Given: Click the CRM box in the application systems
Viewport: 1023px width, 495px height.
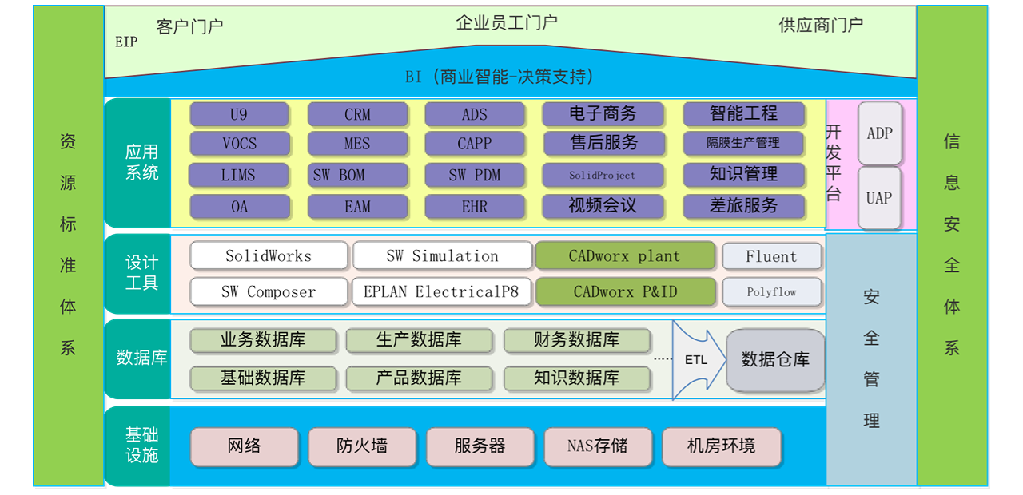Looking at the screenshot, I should click(357, 114).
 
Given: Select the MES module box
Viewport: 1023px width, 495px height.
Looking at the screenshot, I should click(357, 145).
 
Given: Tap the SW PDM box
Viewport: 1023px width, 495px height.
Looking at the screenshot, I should click(475, 175).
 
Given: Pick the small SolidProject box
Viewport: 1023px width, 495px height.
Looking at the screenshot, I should click(603, 175).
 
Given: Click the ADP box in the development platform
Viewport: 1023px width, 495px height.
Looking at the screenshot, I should click(879, 133).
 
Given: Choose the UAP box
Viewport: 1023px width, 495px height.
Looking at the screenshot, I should click(879, 197).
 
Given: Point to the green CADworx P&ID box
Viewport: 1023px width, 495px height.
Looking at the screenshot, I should click(625, 292).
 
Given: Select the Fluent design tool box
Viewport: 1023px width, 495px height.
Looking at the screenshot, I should click(771, 256).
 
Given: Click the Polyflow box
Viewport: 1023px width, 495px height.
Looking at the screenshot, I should click(771, 292).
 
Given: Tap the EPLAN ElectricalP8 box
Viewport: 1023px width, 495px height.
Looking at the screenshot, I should click(441, 292).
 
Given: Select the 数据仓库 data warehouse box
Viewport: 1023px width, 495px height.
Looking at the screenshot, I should click(774, 360).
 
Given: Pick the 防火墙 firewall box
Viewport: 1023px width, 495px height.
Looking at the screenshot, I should click(362, 446).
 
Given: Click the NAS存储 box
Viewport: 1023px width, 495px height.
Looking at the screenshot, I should click(597, 446).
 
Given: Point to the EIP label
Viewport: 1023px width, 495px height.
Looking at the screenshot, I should click(126, 42).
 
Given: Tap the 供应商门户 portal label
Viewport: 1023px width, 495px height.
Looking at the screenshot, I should click(821, 26).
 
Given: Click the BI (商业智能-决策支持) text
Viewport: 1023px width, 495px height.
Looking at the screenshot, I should click(500, 77).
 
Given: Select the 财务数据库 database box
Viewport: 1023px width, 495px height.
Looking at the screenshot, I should click(576, 340).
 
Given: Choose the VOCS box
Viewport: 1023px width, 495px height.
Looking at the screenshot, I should click(240, 145).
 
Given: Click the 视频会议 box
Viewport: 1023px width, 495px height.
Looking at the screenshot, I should click(603, 206).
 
